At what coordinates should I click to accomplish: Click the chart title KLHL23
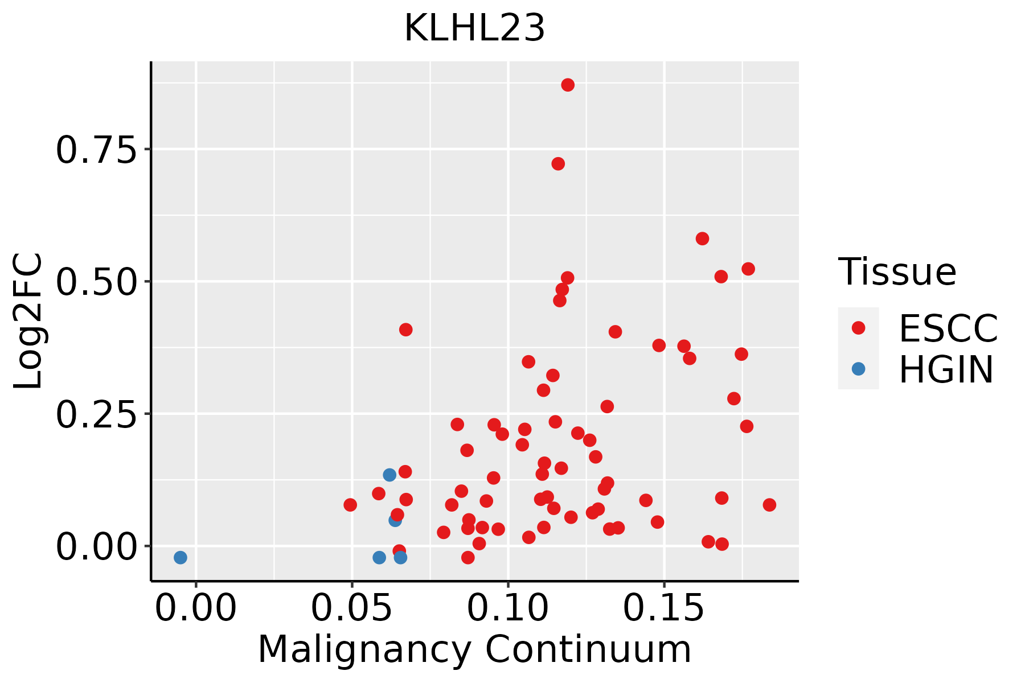(474, 28)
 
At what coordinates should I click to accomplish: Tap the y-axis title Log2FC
(28, 322)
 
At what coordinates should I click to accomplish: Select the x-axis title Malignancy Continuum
(474, 650)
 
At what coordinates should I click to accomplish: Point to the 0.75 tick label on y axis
(97, 150)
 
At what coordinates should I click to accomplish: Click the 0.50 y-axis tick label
(97, 282)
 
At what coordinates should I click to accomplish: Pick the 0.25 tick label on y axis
(97, 414)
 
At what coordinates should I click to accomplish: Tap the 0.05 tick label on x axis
(351, 608)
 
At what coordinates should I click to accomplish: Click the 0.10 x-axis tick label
(508, 608)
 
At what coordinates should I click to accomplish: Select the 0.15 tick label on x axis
(664, 608)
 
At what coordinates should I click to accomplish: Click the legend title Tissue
(897, 272)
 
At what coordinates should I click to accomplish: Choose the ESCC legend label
(948, 328)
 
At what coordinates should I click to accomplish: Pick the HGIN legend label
(946, 369)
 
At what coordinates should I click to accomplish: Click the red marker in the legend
(858, 328)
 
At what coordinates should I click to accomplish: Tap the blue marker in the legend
(858, 369)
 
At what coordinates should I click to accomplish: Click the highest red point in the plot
(568, 85)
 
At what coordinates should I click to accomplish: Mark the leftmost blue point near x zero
(181, 557)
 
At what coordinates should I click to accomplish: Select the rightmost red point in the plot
(769, 505)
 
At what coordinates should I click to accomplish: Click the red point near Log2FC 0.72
(558, 164)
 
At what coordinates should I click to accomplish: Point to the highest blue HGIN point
(389, 475)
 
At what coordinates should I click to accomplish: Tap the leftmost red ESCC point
(350, 505)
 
